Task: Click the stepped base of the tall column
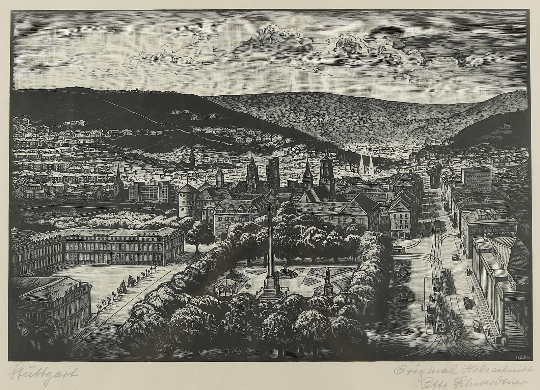pos(270,293)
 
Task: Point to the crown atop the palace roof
pos(15,231)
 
